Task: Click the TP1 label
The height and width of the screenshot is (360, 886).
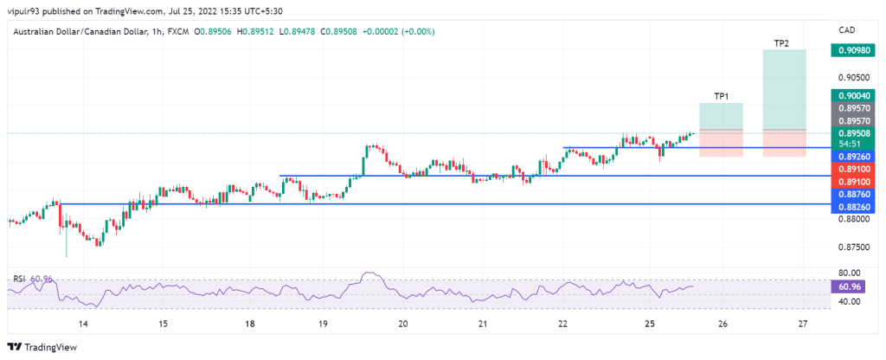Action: pos(721,95)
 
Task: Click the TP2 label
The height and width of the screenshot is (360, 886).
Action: pos(781,42)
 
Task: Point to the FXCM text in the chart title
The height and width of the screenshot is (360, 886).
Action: pos(177,31)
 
